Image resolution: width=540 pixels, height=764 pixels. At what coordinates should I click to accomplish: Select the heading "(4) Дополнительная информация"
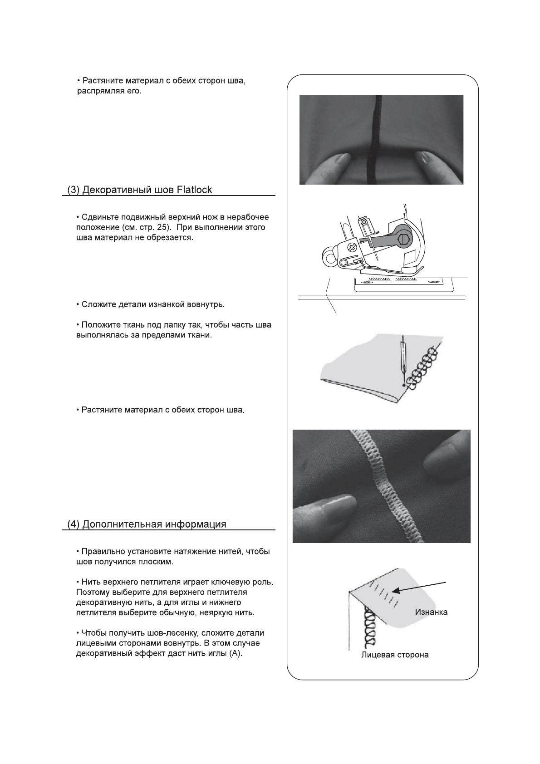point(147,524)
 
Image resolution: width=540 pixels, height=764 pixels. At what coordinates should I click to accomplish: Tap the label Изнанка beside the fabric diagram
point(431,612)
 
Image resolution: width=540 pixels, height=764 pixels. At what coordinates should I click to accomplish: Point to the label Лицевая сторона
point(395,655)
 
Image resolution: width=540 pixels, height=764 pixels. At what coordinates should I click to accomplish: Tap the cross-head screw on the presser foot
point(351,247)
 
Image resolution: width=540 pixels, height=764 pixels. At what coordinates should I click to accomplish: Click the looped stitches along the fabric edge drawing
point(422,367)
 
